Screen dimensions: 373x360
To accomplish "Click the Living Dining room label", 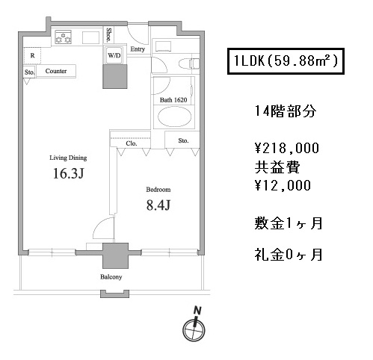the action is pos(68,158).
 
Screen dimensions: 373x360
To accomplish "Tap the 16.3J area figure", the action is pos(69,173).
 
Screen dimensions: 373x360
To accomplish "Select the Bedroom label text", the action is pos(158,190).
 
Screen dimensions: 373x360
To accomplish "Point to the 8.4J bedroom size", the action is pos(158,205).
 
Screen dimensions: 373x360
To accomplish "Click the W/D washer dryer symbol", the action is pos(114,55).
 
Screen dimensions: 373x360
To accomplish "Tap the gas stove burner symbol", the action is pos(63,37).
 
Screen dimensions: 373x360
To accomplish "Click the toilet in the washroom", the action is pos(189,63).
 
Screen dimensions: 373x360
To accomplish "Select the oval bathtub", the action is pos(174,117).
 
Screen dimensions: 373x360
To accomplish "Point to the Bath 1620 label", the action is pos(173,100).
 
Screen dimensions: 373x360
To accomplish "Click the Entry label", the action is pos(138,49).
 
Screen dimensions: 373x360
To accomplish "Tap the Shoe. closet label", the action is pos(108,35).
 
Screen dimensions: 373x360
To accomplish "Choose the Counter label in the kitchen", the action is pos(56,71).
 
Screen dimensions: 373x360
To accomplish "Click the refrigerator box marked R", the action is pos(32,55).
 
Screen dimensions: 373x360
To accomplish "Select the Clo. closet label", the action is pos(132,143).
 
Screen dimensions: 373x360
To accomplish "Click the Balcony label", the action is pos(111,277).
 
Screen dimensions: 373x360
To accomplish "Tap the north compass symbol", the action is pos(194,326).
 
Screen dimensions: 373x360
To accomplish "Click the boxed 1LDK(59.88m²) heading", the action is pos(286,61).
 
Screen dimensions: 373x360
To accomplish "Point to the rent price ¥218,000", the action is pos(287,148).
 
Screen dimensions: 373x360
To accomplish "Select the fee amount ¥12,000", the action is pos(283,185).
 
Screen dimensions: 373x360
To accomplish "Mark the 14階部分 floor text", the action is pos(286,111).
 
